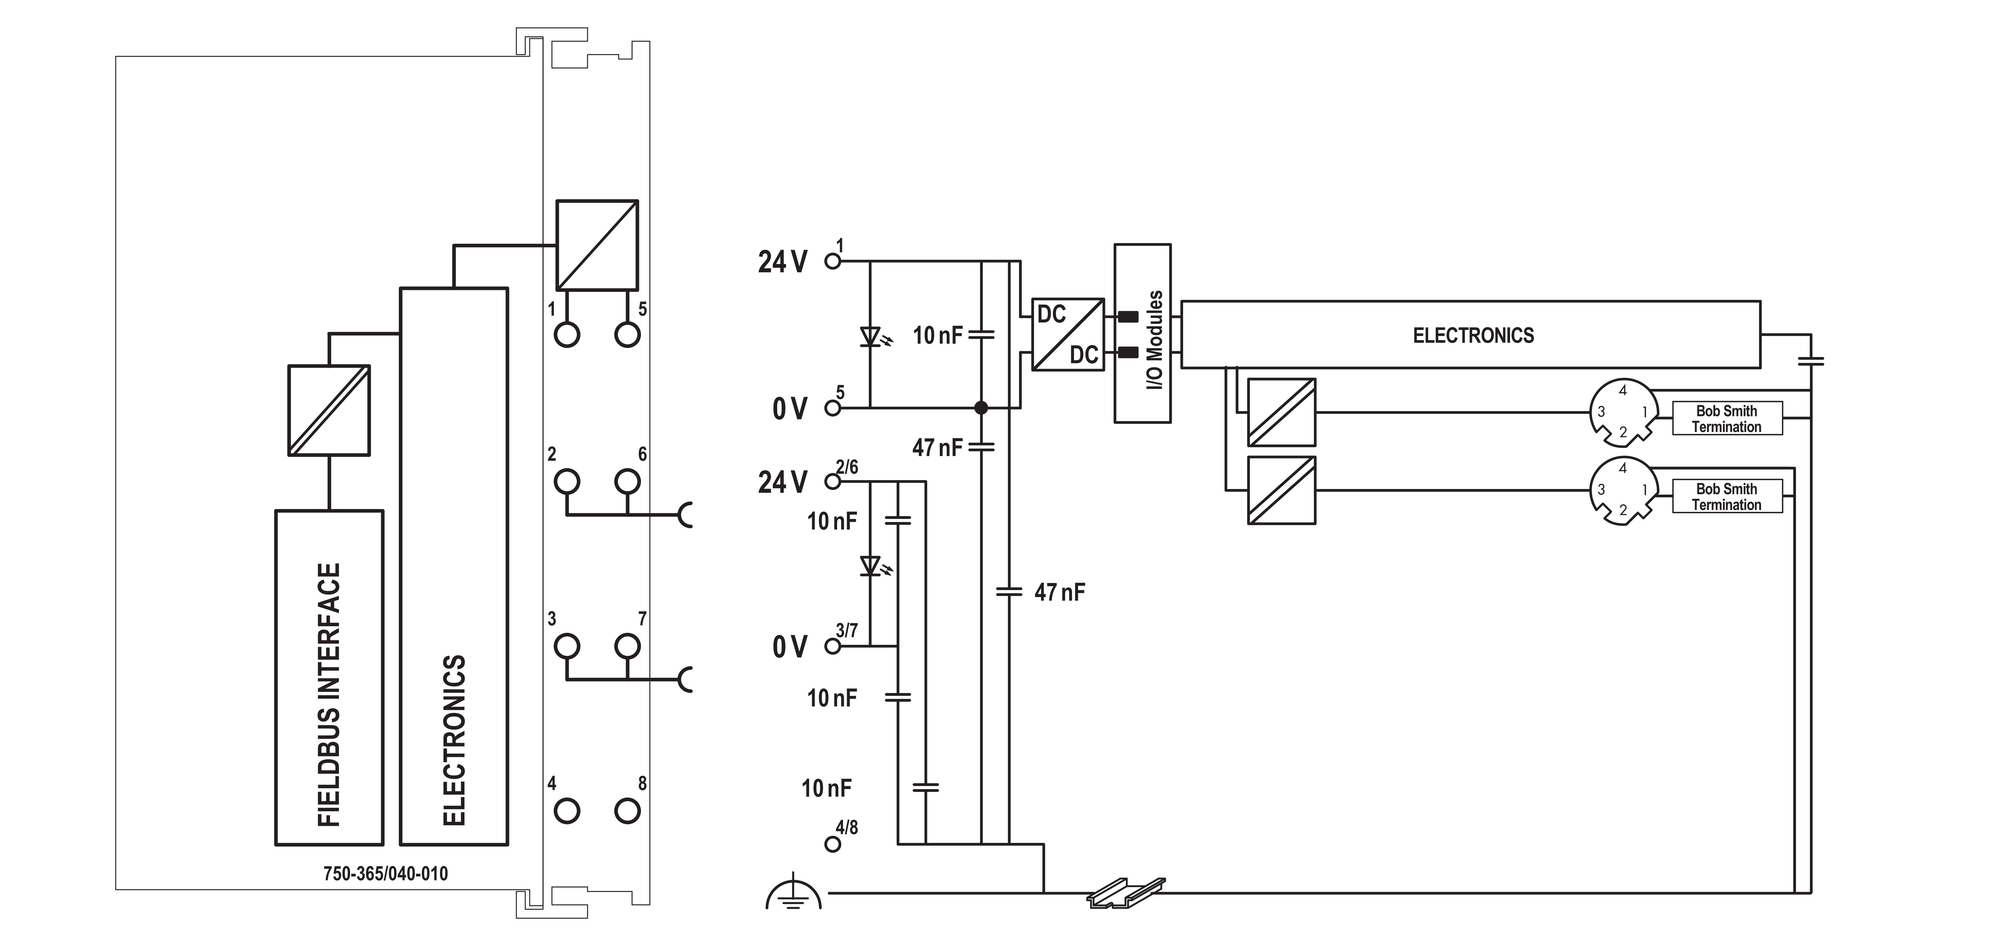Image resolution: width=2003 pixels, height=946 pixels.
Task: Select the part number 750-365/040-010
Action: (x=386, y=874)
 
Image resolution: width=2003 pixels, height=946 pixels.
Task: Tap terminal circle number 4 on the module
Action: (x=567, y=811)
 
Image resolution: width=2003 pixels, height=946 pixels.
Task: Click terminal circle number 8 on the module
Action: (x=627, y=811)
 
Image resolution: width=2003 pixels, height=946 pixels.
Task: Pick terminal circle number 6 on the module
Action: (x=627, y=481)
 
